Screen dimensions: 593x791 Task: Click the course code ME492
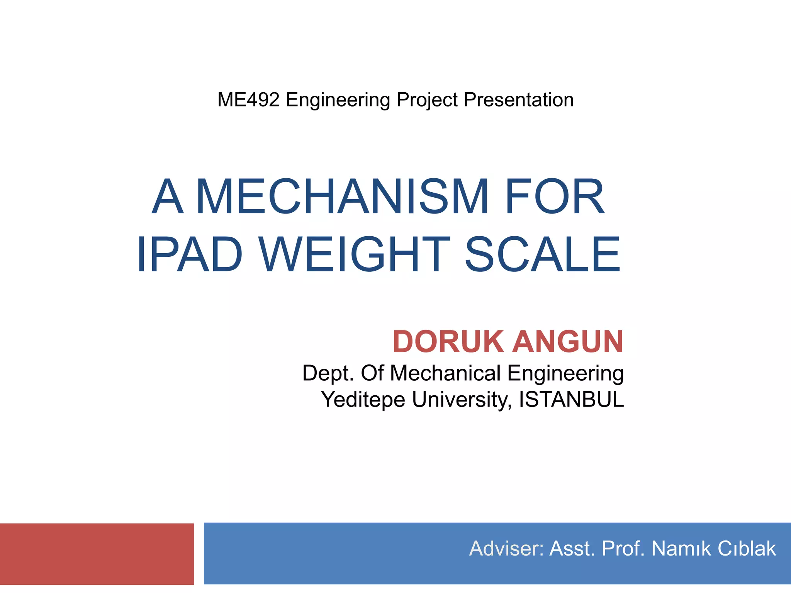(248, 100)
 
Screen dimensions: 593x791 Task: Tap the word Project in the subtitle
(427, 100)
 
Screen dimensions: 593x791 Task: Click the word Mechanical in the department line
(445, 373)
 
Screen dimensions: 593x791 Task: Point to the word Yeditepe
(363, 399)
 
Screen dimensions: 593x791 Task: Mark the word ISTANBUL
(571, 399)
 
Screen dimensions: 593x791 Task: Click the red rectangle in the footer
(97, 554)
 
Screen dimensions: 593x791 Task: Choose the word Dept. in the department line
(328, 373)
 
